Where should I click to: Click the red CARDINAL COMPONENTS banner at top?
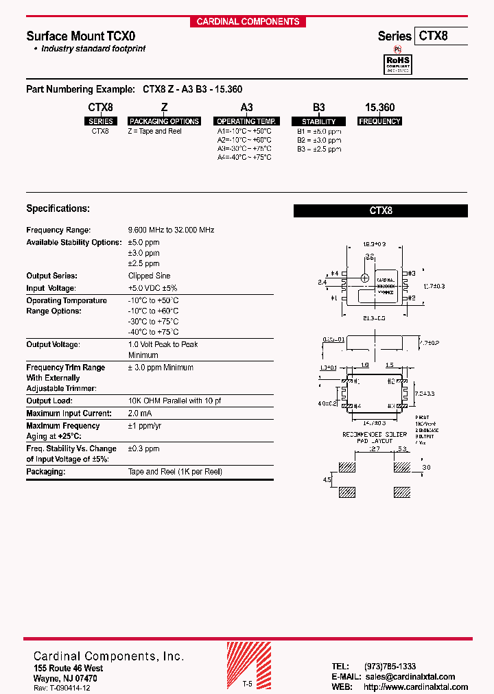click(248, 21)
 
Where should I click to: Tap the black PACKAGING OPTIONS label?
click(164, 121)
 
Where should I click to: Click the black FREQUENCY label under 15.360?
click(379, 121)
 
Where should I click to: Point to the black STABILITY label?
click(318, 121)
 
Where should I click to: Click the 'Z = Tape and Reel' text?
click(155, 131)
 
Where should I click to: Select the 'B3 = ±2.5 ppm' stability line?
click(318, 149)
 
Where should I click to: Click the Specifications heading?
click(58, 208)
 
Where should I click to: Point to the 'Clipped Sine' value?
click(150, 276)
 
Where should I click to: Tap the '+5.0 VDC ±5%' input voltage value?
click(152, 288)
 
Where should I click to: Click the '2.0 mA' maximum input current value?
click(140, 413)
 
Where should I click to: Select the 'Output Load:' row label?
click(49, 400)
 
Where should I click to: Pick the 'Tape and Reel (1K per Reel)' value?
click(175, 472)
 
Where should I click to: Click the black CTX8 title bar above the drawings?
click(381, 211)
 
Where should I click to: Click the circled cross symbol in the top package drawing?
click(365, 278)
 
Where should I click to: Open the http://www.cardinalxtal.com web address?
click(416, 687)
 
